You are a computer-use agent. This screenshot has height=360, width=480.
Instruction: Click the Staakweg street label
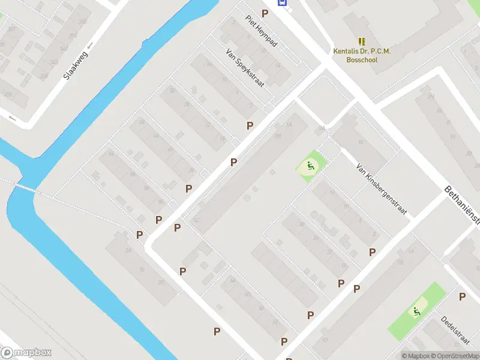click(76, 64)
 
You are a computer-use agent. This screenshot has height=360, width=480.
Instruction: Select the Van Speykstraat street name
click(244, 68)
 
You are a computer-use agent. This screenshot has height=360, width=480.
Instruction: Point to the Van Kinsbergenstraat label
click(382, 189)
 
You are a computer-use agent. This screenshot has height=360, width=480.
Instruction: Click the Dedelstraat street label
click(455, 331)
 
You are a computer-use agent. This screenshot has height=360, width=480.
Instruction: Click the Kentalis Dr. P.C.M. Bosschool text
click(362, 55)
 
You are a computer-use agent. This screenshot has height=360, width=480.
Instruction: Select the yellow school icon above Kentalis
click(362, 41)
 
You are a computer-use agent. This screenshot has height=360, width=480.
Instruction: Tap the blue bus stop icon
click(281, 2)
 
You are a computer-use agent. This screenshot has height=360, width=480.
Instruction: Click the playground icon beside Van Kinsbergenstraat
click(310, 166)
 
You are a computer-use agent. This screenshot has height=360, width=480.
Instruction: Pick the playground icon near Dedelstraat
click(416, 311)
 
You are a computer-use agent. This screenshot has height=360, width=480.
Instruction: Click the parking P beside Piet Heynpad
click(265, 13)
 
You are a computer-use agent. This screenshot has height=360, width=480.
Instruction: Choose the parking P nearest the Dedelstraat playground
click(462, 296)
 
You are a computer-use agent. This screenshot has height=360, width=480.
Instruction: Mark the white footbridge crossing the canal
click(25, 188)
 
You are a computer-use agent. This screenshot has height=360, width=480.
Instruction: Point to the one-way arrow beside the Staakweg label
click(91, 46)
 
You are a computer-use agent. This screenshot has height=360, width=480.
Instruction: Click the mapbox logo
click(26, 353)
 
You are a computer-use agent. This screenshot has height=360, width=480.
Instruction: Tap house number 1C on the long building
click(196, 220)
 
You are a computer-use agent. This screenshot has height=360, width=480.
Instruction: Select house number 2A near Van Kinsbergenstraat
click(322, 128)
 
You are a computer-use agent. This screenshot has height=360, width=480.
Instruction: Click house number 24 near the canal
click(128, 250)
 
